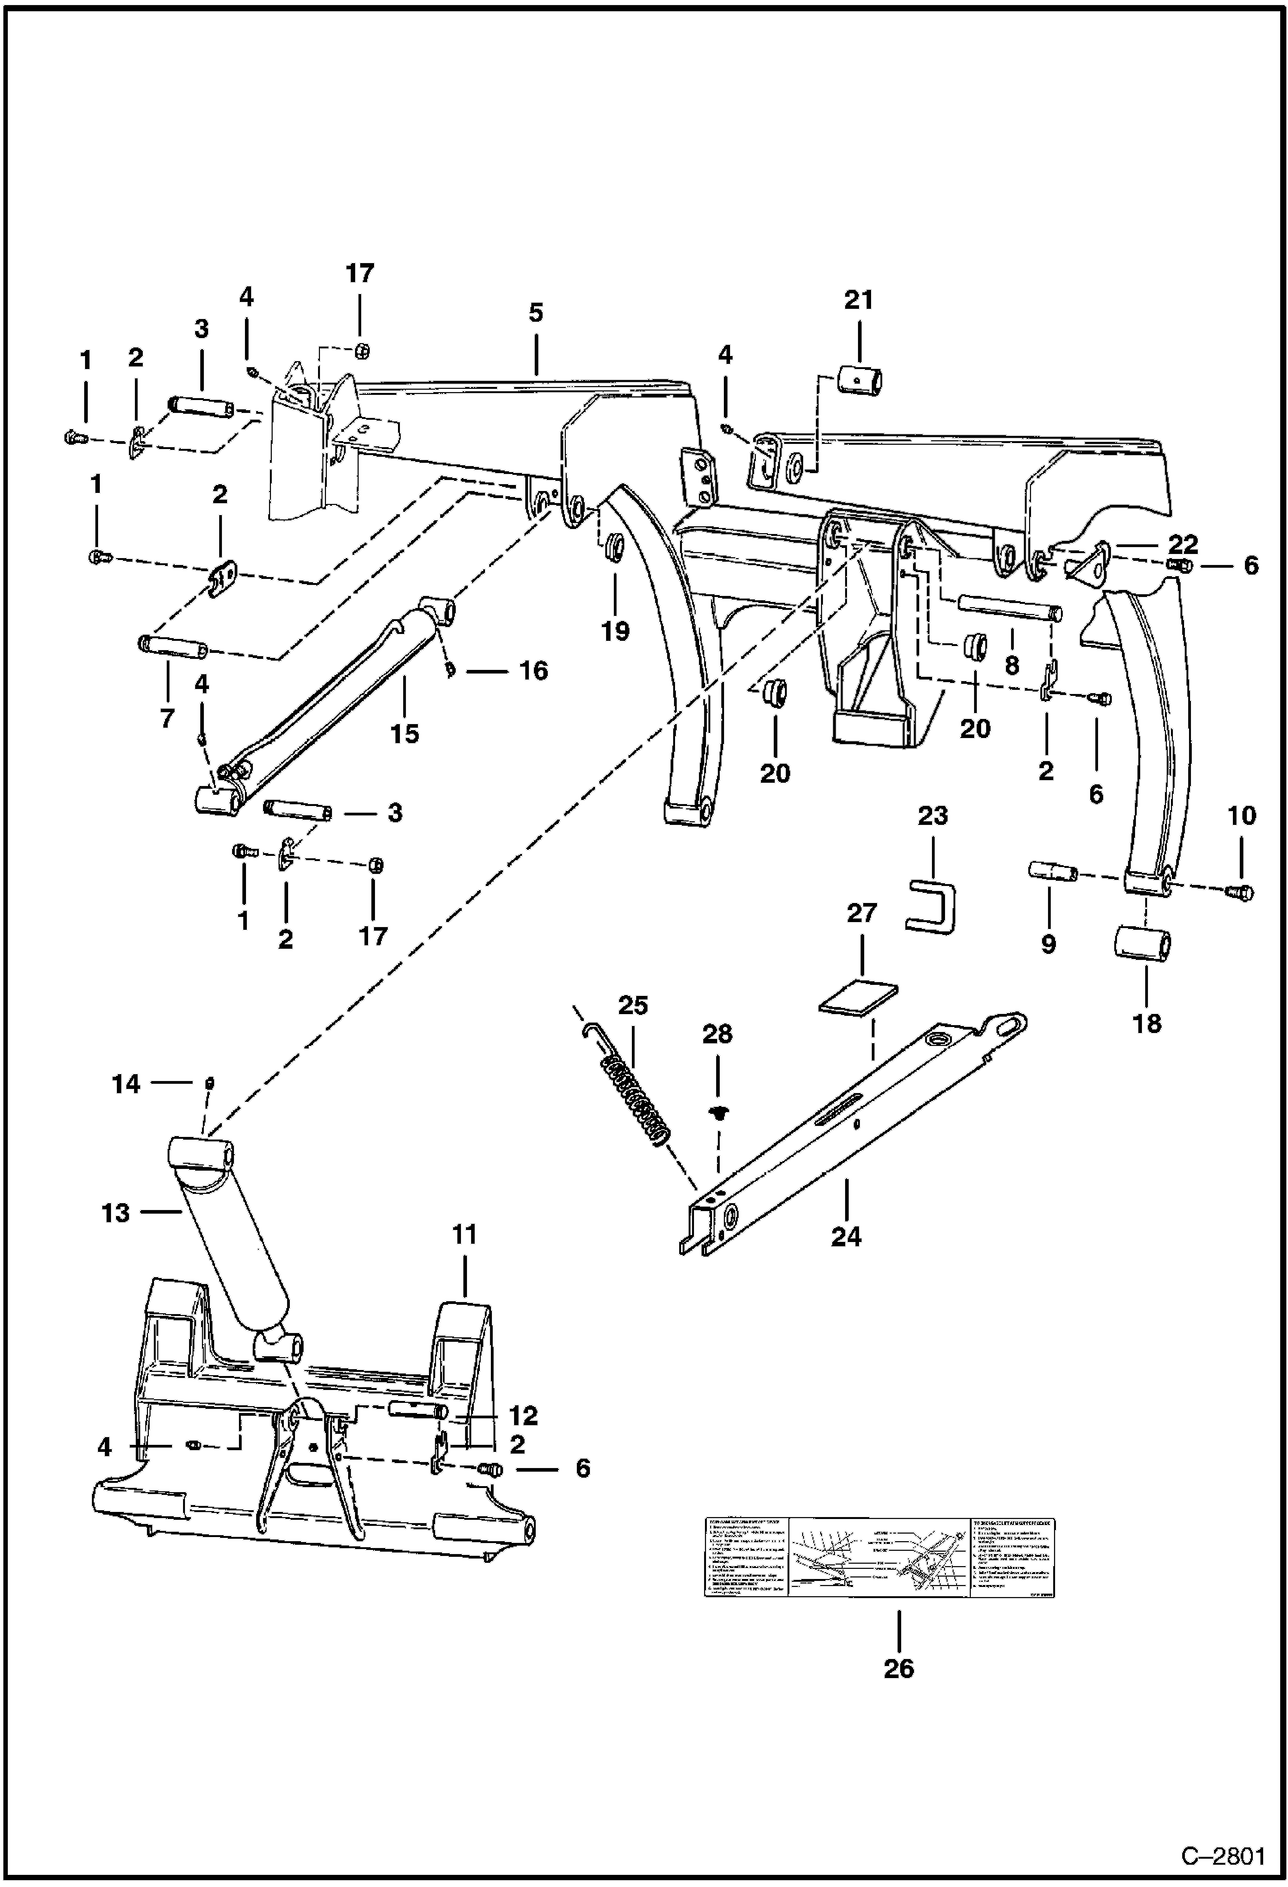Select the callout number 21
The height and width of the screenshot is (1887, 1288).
[858, 300]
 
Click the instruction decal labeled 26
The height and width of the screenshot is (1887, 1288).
[879, 1558]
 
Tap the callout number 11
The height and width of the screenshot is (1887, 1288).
[464, 1235]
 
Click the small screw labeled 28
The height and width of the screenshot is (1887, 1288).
[715, 1113]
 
